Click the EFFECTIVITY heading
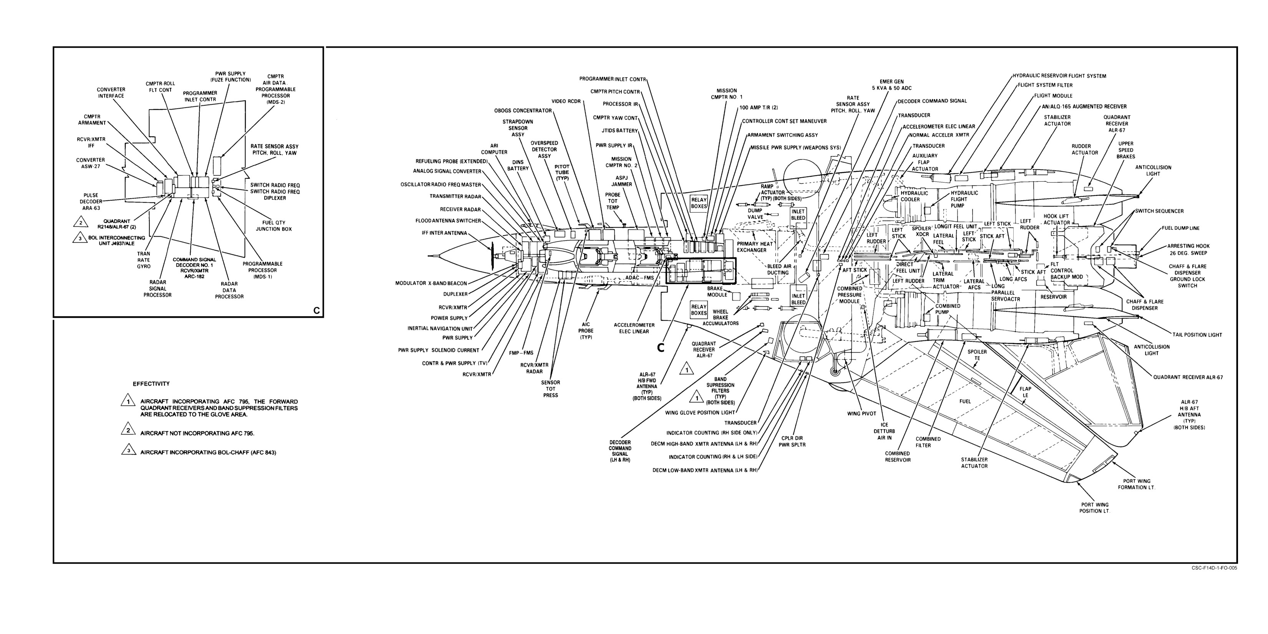click(x=151, y=384)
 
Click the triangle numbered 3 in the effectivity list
click(x=128, y=450)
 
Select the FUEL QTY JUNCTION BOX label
click(x=274, y=226)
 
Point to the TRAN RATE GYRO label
click(x=144, y=260)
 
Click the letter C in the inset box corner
click(x=317, y=310)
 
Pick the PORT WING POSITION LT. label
click(x=1095, y=508)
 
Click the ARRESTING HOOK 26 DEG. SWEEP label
click(x=1188, y=249)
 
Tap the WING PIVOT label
click(x=862, y=413)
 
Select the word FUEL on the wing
click(x=965, y=401)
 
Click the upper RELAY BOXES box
click(x=699, y=203)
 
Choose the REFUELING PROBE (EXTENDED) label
click(x=451, y=161)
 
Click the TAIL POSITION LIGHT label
click(x=1197, y=335)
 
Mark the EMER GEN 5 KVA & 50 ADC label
click(x=891, y=85)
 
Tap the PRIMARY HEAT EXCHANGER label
click(x=755, y=247)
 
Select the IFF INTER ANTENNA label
click(x=444, y=233)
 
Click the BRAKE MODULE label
click(x=717, y=291)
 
